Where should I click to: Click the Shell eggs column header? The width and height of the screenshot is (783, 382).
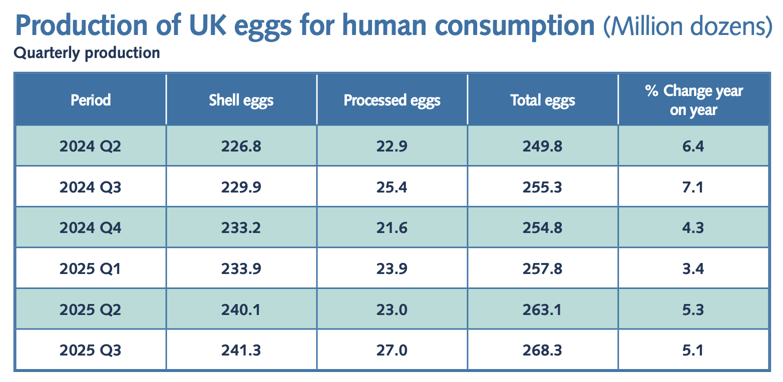click(x=241, y=100)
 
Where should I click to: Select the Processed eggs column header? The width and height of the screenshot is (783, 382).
click(x=392, y=100)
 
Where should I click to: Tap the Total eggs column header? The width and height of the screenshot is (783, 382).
click(x=543, y=100)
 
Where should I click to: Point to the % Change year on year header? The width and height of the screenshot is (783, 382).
click(x=694, y=100)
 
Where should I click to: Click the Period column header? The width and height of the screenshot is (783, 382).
click(x=91, y=100)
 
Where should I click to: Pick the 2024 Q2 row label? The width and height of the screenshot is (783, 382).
click(x=91, y=146)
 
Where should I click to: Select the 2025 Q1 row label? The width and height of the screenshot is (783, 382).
click(x=91, y=269)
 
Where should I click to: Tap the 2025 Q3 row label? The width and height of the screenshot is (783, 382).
click(x=91, y=350)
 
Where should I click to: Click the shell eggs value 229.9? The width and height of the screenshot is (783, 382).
click(x=241, y=187)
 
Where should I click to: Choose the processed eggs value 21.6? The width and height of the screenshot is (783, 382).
click(x=393, y=228)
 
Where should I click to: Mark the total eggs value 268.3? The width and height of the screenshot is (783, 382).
click(x=543, y=350)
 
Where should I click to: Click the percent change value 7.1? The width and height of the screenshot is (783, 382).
click(x=694, y=187)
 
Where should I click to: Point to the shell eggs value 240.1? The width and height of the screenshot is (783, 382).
click(x=241, y=310)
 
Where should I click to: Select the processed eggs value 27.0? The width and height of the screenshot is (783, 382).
click(x=393, y=350)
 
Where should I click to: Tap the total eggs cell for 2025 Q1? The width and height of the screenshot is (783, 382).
click(x=543, y=269)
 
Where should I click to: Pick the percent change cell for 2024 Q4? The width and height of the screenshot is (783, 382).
click(x=694, y=228)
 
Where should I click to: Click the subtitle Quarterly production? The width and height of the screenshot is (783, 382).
click(x=87, y=53)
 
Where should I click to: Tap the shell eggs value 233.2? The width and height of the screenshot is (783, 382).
click(x=241, y=228)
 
